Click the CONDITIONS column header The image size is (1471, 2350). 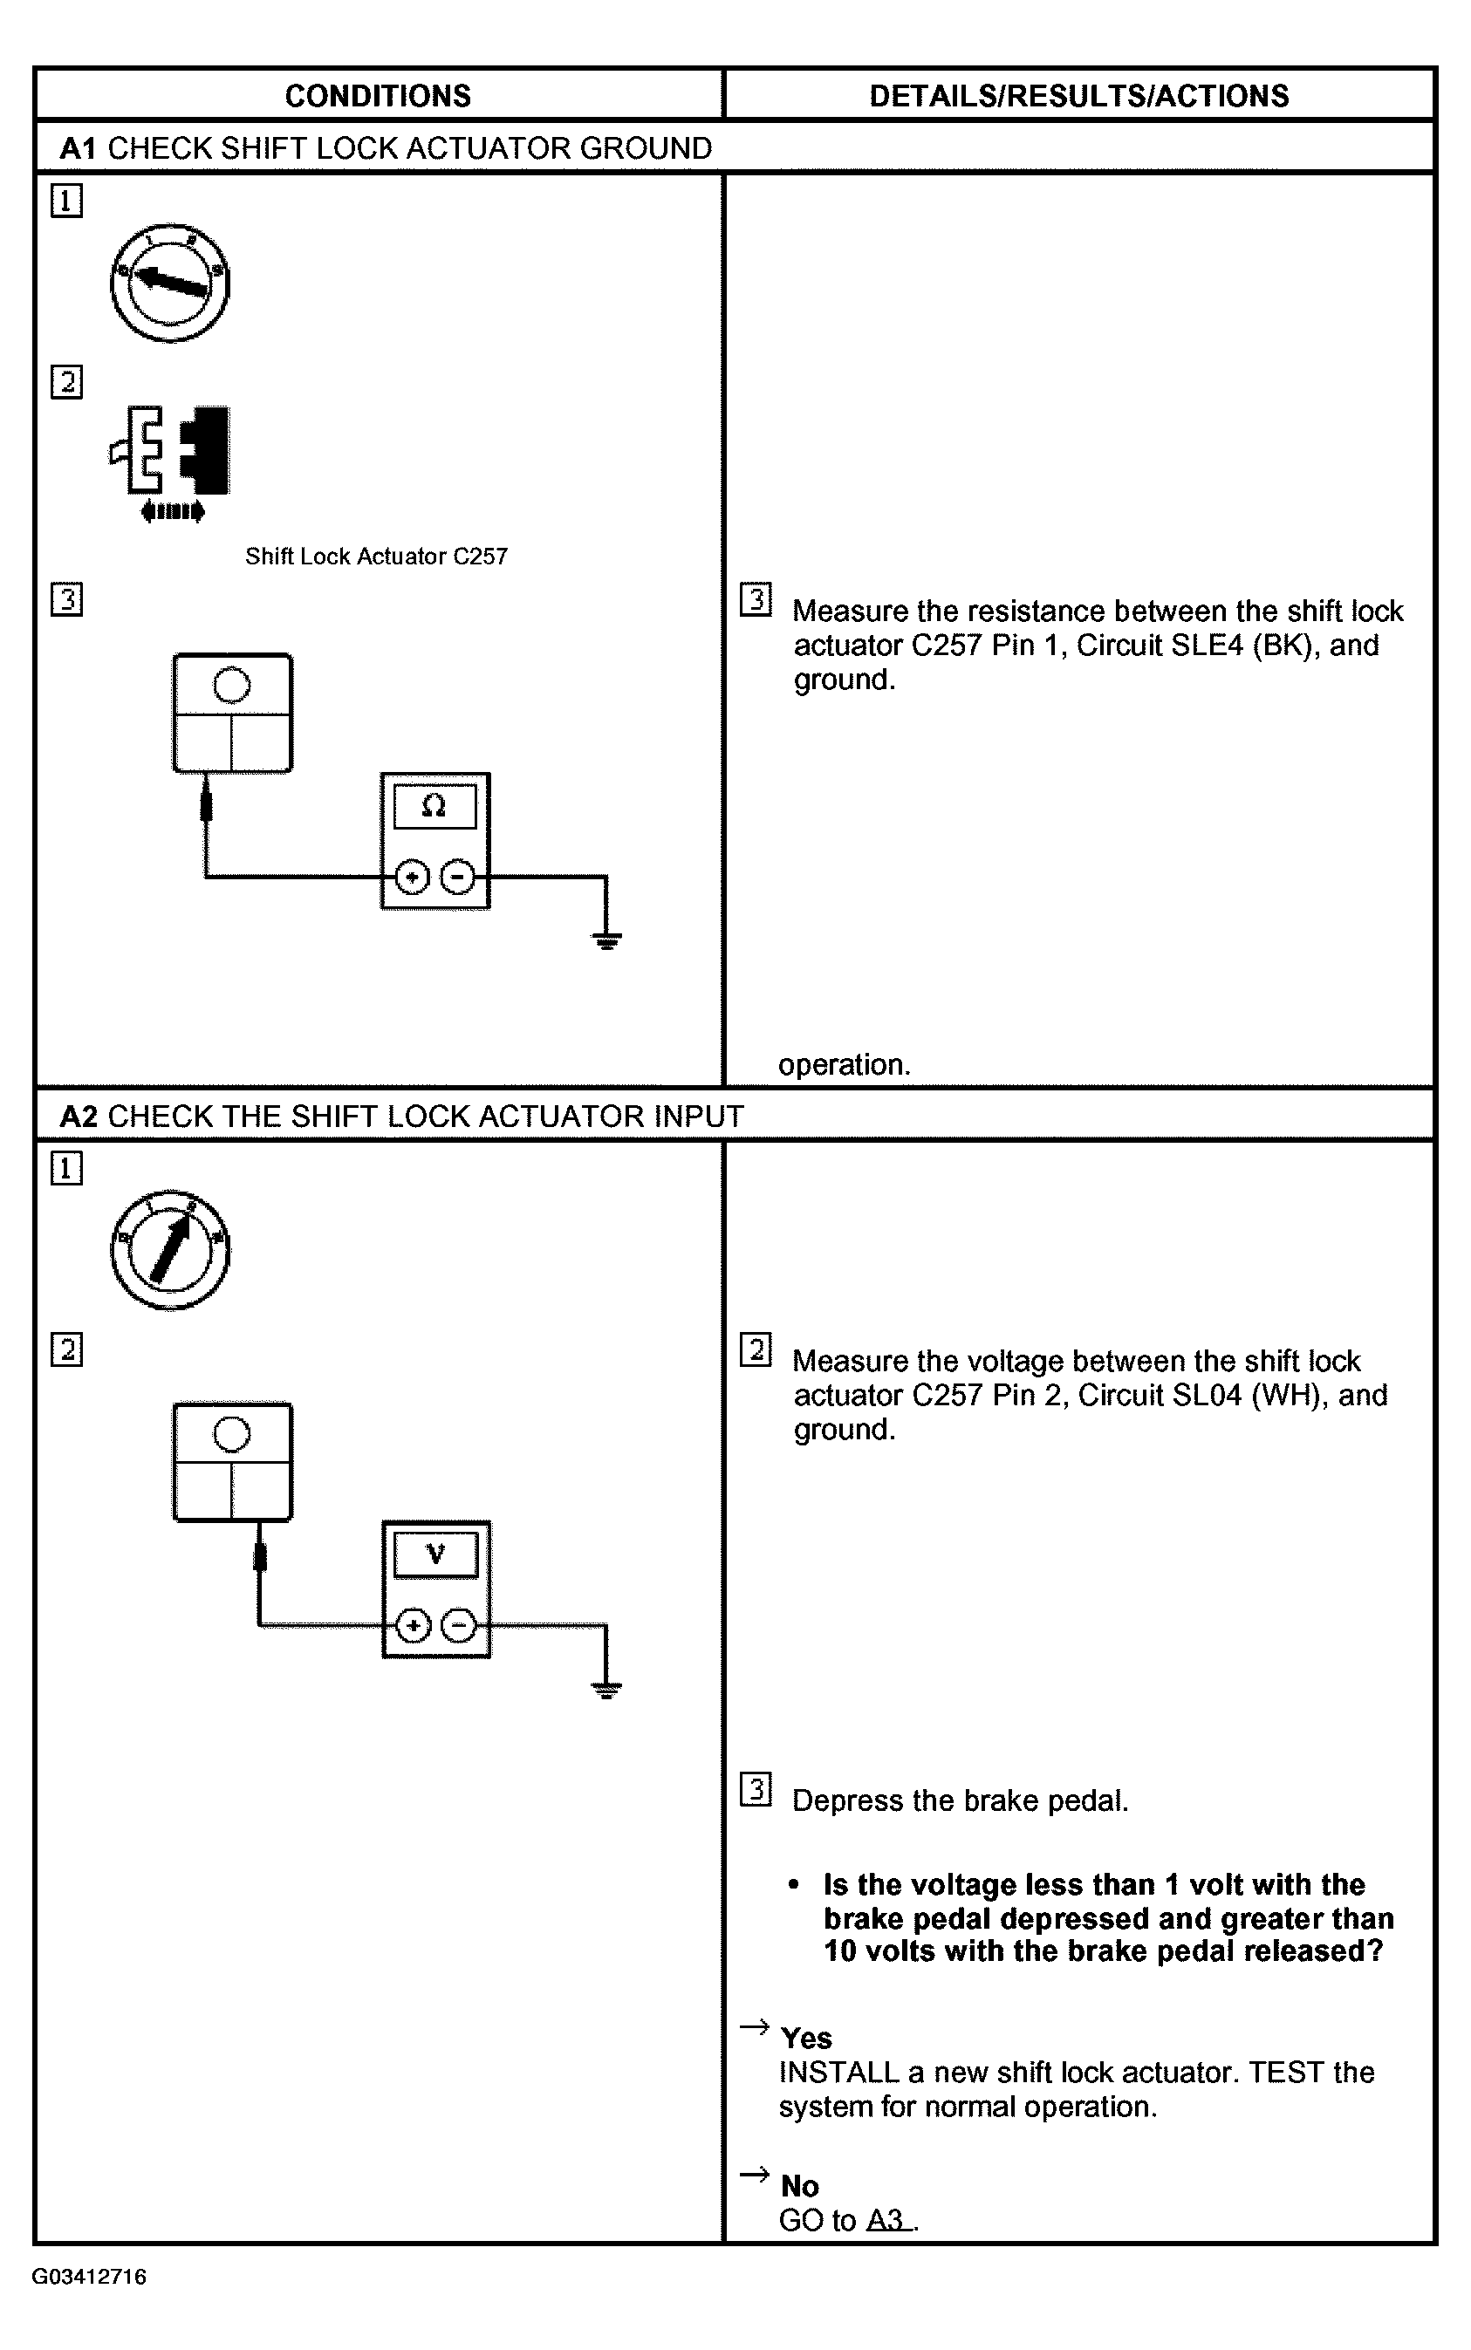tap(378, 95)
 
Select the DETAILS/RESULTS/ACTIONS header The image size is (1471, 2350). tap(1078, 95)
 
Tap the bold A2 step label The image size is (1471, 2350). tap(79, 1116)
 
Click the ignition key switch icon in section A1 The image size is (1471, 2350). tap(169, 282)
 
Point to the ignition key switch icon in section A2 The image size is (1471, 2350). tap(169, 1250)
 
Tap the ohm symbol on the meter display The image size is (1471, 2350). tap(434, 806)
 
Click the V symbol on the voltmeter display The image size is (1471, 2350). tap(434, 1554)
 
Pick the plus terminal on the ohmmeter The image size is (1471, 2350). tap(413, 878)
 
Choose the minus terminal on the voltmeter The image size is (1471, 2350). tap(459, 1625)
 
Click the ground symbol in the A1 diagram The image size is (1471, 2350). tap(606, 939)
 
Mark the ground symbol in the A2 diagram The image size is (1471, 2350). tap(606, 1690)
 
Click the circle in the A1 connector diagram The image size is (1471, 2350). tap(231, 685)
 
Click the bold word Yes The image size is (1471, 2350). tap(805, 2038)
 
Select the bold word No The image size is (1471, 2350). tap(800, 2187)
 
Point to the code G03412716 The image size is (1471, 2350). tap(90, 2277)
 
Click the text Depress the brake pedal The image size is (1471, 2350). tap(959, 1800)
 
